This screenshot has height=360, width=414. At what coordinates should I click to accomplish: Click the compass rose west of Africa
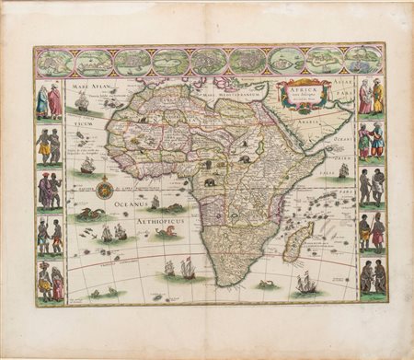coord(105,190)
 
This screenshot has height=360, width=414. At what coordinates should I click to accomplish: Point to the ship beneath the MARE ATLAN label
coord(82,100)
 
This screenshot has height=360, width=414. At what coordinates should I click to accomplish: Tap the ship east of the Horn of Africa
coord(343,171)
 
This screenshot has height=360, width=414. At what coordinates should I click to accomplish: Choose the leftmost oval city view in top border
coord(55,62)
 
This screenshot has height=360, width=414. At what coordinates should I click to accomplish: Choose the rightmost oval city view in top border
coord(363,60)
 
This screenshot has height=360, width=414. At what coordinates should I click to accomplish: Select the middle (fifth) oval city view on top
coord(209,61)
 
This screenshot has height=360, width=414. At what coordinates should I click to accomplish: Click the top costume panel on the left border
coord(49,101)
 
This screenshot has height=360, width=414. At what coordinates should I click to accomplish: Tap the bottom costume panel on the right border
coord(372,276)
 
